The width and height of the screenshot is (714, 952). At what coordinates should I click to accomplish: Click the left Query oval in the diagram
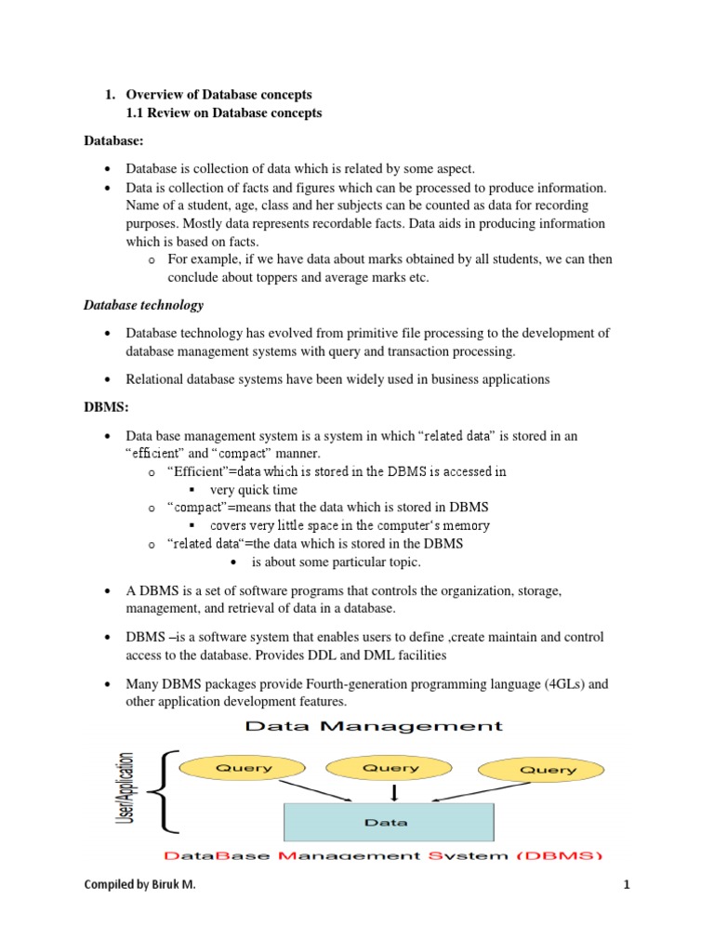(x=245, y=768)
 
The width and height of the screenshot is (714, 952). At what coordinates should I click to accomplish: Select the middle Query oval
(x=390, y=768)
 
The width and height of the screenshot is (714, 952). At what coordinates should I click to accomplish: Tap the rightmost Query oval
(x=548, y=770)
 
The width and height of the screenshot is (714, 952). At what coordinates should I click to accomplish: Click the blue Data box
(x=388, y=822)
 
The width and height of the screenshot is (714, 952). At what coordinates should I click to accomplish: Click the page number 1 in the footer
(x=627, y=885)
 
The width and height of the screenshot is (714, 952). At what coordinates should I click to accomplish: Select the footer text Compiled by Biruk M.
(x=139, y=885)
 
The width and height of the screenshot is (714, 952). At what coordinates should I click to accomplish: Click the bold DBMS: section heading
(x=105, y=407)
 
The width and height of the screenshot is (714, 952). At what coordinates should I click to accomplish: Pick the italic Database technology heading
(x=143, y=305)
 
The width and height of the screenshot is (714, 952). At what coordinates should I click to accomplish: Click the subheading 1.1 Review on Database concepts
(x=224, y=113)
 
